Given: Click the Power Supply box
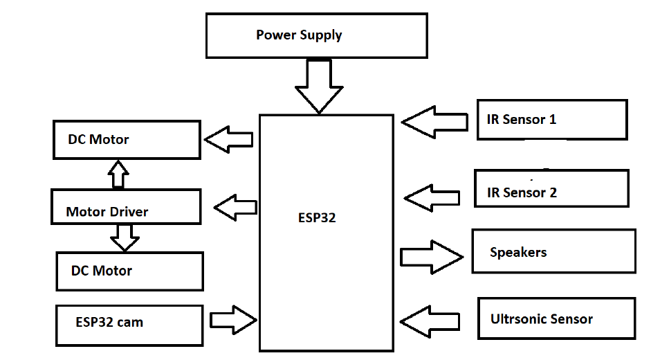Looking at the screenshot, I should point(316,36).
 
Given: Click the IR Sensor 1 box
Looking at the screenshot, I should point(552,120).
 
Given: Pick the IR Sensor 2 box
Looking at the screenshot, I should point(551,188).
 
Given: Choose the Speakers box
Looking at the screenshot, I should point(553,251).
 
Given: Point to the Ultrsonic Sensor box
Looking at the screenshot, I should point(556,318).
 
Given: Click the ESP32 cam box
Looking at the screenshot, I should point(129,325).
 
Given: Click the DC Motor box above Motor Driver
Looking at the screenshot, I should point(127,139).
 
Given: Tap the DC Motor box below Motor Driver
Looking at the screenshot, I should point(130,271).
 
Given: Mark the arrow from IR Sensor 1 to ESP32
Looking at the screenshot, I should point(434,122).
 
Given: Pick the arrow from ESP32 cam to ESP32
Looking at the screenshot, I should point(234,319).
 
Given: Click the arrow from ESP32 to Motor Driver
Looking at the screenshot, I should point(236,206).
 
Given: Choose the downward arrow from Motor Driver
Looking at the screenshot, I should point(125,237).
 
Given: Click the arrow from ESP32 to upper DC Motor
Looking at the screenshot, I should point(228,139).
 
